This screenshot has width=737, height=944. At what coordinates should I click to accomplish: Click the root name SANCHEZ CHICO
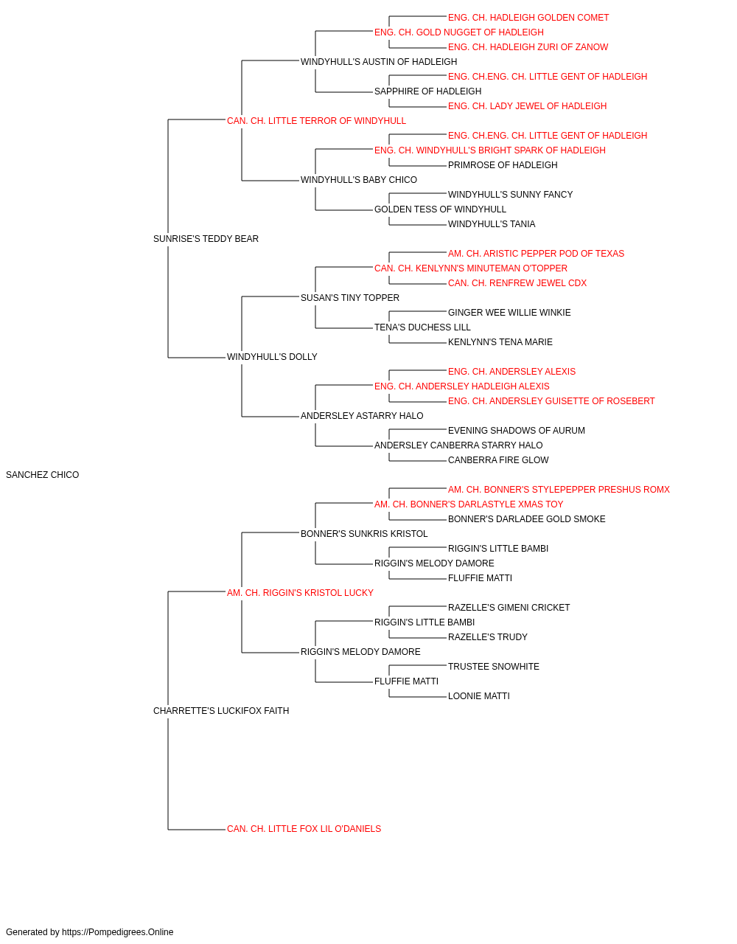click(x=43, y=475)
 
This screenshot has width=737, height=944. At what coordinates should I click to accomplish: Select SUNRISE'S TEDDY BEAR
click(x=206, y=239)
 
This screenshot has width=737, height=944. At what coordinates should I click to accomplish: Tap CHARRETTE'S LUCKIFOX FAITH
click(x=221, y=711)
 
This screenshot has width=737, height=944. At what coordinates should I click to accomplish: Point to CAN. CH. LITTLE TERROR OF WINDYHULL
click(x=316, y=121)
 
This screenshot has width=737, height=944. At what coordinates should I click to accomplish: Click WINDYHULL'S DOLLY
click(x=272, y=357)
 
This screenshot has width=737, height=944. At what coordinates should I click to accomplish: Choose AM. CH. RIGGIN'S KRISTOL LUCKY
click(x=300, y=592)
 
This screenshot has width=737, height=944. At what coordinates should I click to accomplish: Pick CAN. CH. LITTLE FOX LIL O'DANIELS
click(x=304, y=829)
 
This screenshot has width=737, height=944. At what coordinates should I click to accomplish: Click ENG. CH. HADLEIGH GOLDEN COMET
click(x=528, y=18)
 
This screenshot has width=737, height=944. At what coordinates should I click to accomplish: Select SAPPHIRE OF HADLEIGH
click(x=427, y=91)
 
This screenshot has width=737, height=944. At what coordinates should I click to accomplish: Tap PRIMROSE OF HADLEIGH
click(x=503, y=165)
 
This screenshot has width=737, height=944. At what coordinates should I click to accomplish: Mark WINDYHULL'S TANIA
click(x=492, y=224)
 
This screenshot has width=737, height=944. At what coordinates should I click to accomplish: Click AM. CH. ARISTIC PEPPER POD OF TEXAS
click(x=536, y=254)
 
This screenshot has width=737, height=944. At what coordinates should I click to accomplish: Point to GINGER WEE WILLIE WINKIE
click(x=509, y=313)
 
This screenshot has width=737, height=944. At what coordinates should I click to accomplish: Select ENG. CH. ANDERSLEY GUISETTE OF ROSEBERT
click(x=551, y=401)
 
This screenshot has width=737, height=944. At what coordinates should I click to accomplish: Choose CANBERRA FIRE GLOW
click(x=498, y=460)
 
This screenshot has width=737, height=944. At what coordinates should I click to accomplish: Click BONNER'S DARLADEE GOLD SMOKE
click(x=526, y=519)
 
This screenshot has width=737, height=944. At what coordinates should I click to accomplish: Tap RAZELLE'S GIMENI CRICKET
click(x=509, y=607)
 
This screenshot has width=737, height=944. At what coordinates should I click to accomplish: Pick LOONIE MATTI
click(x=479, y=696)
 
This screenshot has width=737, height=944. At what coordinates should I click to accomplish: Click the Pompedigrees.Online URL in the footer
click(x=118, y=932)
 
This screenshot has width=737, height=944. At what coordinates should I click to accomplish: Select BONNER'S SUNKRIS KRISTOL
click(x=364, y=534)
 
